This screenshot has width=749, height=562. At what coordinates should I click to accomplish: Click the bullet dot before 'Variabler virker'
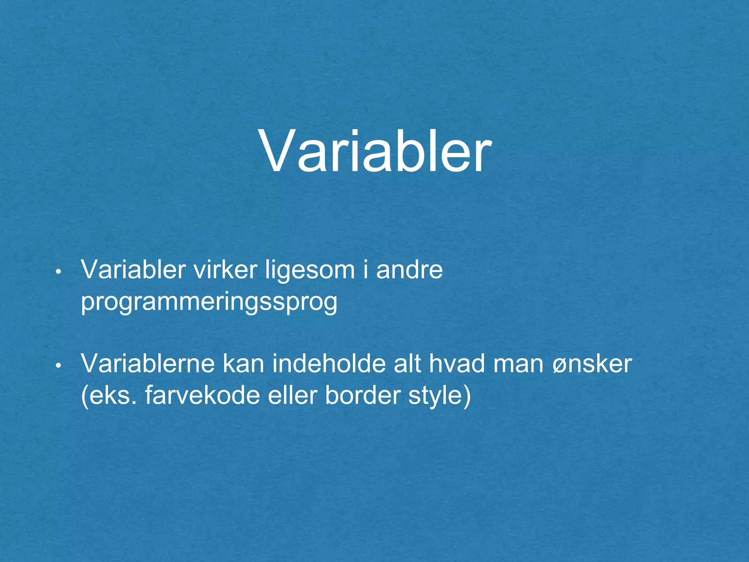coord(59,272)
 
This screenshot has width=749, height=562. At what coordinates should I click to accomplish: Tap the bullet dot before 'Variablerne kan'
coord(59,366)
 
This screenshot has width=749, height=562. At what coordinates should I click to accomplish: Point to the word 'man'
coord(518,364)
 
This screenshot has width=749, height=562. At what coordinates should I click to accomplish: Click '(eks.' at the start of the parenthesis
coord(108,396)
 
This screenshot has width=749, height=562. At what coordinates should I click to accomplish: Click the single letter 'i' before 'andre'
coord(365,270)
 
